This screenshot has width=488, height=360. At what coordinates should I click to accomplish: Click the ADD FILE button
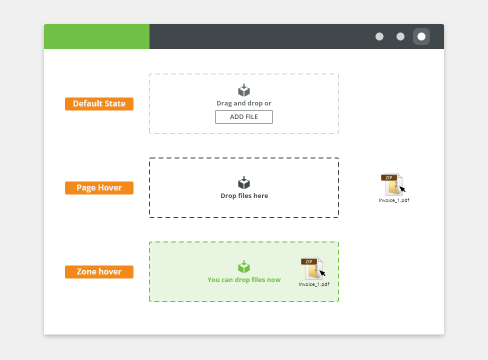tap(243, 117)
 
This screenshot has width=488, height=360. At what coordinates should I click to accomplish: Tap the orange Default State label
tap(99, 104)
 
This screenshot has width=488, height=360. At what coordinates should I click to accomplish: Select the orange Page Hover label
tap(99, 188)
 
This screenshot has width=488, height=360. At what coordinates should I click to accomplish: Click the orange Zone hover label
tap(99, 272)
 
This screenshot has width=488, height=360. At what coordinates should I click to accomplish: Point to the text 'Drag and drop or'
tap(243, 103)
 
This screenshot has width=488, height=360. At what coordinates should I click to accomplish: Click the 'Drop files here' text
tap(244, 195)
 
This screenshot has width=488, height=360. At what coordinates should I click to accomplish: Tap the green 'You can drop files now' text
tap(244, 279)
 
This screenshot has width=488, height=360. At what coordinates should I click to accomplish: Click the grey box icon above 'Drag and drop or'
tap(244, 90)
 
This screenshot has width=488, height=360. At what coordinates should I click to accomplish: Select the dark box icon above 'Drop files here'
tap(244, 182)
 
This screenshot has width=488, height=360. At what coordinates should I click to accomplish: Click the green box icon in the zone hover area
tap(244, 266)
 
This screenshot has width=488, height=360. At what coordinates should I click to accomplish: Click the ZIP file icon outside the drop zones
tap(392, 184)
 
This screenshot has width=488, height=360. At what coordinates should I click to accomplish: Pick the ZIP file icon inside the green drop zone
tap(312, 268)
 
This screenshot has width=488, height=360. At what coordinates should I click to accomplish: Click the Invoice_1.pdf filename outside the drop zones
tap(393, 200)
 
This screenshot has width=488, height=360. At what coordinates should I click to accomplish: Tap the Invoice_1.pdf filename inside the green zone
tap(313, 284)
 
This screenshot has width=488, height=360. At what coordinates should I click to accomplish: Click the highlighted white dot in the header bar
tap(421, 36)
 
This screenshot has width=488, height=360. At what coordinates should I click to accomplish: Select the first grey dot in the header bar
tap(379, 36)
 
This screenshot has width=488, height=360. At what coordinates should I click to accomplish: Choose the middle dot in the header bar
tap(400, 36)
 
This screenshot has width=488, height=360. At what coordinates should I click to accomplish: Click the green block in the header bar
tap(97, 36)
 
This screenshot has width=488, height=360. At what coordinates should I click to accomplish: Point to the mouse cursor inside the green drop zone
tap(322, 273)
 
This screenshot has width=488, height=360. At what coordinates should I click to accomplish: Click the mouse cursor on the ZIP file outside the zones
tap(402, 189)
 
